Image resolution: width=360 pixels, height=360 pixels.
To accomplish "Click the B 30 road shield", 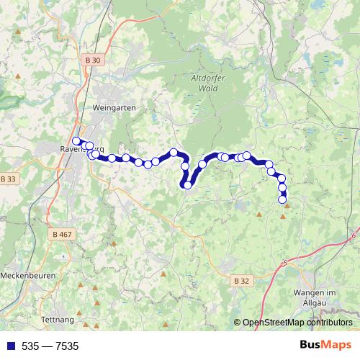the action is (x=91, y=60).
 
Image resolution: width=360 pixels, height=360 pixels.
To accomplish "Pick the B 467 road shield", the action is (x=63, y=234).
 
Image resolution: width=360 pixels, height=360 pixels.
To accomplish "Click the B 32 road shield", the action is (x=242, y=279).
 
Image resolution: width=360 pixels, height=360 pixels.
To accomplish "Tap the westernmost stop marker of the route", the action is (x=76, y=141).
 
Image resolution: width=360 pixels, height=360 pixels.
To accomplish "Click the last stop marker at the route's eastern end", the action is (x=282, y=199).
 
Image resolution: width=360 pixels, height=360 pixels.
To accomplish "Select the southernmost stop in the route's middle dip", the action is (x=188, y=185).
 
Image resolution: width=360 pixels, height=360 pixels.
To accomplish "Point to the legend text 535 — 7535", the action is (x=50, y=346).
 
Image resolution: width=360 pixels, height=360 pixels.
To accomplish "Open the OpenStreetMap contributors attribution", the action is (x=297, y=323).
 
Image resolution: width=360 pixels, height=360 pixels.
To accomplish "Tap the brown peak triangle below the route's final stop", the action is (x=287, y=206).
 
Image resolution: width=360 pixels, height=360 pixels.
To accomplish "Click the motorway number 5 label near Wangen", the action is (x=285, y=263).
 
